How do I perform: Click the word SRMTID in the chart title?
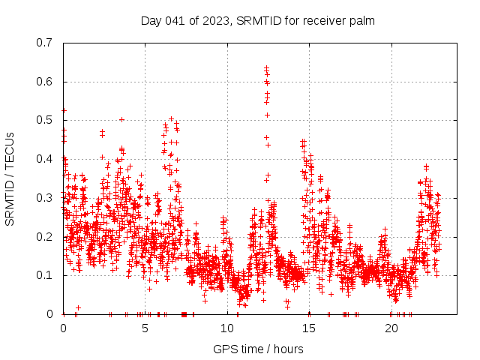point(257,20)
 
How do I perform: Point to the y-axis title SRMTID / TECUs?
point(10,178)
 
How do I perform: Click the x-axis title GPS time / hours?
point(258,349)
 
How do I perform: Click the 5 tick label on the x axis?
point(145,328)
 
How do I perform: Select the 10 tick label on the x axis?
point(227,328)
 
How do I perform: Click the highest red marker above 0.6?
point(266,68)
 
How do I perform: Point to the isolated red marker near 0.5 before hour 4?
point(121,119)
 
